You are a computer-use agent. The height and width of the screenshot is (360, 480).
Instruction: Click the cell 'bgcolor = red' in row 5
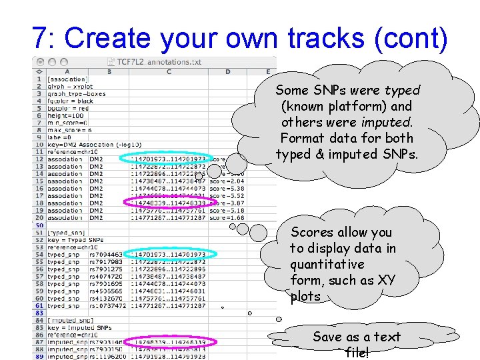click(x=71, y=107)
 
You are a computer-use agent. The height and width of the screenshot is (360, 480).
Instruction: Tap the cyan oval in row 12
click(x=164, y=159)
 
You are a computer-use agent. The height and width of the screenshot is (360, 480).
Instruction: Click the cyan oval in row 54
click(x=167, y=254)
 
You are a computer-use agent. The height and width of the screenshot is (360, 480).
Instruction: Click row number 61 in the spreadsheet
click(x=39, y=305)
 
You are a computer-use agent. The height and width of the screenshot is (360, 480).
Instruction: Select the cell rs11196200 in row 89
click(x=106, y=357)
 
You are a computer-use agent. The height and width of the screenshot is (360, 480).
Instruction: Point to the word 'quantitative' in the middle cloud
click(x=327, y=264)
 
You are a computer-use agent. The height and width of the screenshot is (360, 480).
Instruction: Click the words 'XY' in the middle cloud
click(x=386, y=280)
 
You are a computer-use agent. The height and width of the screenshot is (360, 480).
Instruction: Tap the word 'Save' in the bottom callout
click(x=327, y=337)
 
